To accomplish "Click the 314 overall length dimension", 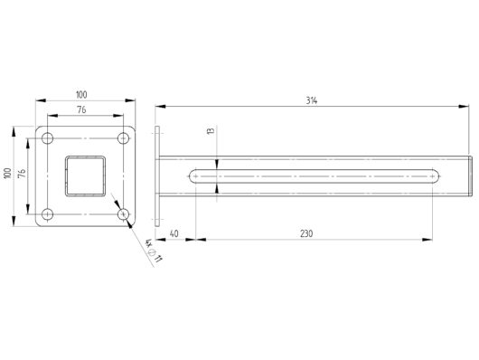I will (312, 101).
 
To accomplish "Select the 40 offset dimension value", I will (174, 233).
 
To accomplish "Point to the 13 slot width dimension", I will (211, 132).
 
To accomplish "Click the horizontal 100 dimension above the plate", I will (82, 95).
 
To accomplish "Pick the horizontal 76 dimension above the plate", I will (82, 110).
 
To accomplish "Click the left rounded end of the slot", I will (193, 175).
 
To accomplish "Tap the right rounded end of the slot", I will (433, 175).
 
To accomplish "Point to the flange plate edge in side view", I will (158, 175).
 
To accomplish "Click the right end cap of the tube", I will (472, 175).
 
